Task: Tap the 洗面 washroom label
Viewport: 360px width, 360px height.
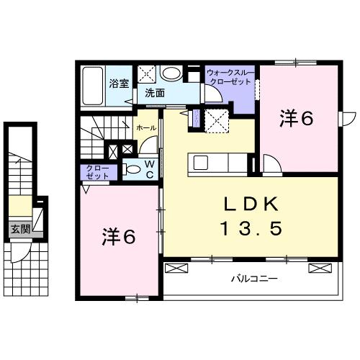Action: (x=153, y=94)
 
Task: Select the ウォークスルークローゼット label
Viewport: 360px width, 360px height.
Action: (x=229, y=77)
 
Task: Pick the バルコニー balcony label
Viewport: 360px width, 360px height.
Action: (x=253, y=278)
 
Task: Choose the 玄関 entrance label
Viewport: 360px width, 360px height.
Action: (x=20, y=230)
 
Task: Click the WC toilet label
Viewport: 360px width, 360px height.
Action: (x=150, y=170)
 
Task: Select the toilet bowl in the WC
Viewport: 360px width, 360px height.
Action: (x=132, y=170)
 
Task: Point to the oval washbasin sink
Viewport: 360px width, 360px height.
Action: (x=172, y=73)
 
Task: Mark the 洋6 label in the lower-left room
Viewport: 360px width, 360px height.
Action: (x=117, y=235)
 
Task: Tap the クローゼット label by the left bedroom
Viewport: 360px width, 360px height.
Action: (x=94, y=173)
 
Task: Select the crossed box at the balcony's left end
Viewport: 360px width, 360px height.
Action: (x=175, y=268)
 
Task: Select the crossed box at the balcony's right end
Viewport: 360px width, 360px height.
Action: (x=318, y=268)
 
